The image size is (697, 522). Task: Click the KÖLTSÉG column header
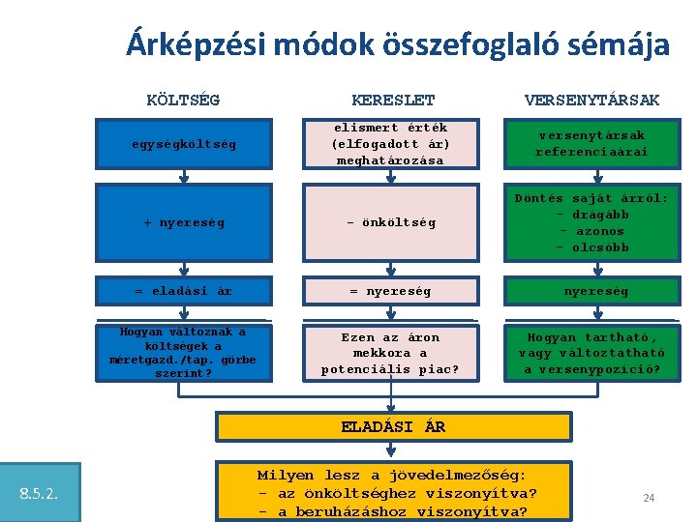point(183,100)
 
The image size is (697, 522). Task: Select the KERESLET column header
point(393,100)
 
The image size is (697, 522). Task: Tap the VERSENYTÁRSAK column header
point(591,100)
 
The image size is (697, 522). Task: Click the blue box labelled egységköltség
point(183,144)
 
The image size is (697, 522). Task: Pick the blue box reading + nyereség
point(183,222)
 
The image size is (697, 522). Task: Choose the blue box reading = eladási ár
point(183,290)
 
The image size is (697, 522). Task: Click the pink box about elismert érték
point(390,144)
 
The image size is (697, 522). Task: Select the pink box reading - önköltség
point(390,222)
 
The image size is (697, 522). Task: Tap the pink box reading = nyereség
point(390,290)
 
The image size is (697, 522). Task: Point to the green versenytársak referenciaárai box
point(591,144)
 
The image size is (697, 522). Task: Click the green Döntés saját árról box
point(591,222)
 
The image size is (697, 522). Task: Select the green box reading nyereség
point(591,290)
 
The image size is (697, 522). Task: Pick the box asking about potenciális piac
point(390,353)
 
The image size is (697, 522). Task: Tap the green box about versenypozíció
point(591,353)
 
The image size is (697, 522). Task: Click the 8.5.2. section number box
point(39,495)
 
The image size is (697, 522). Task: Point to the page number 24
point(649,498)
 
